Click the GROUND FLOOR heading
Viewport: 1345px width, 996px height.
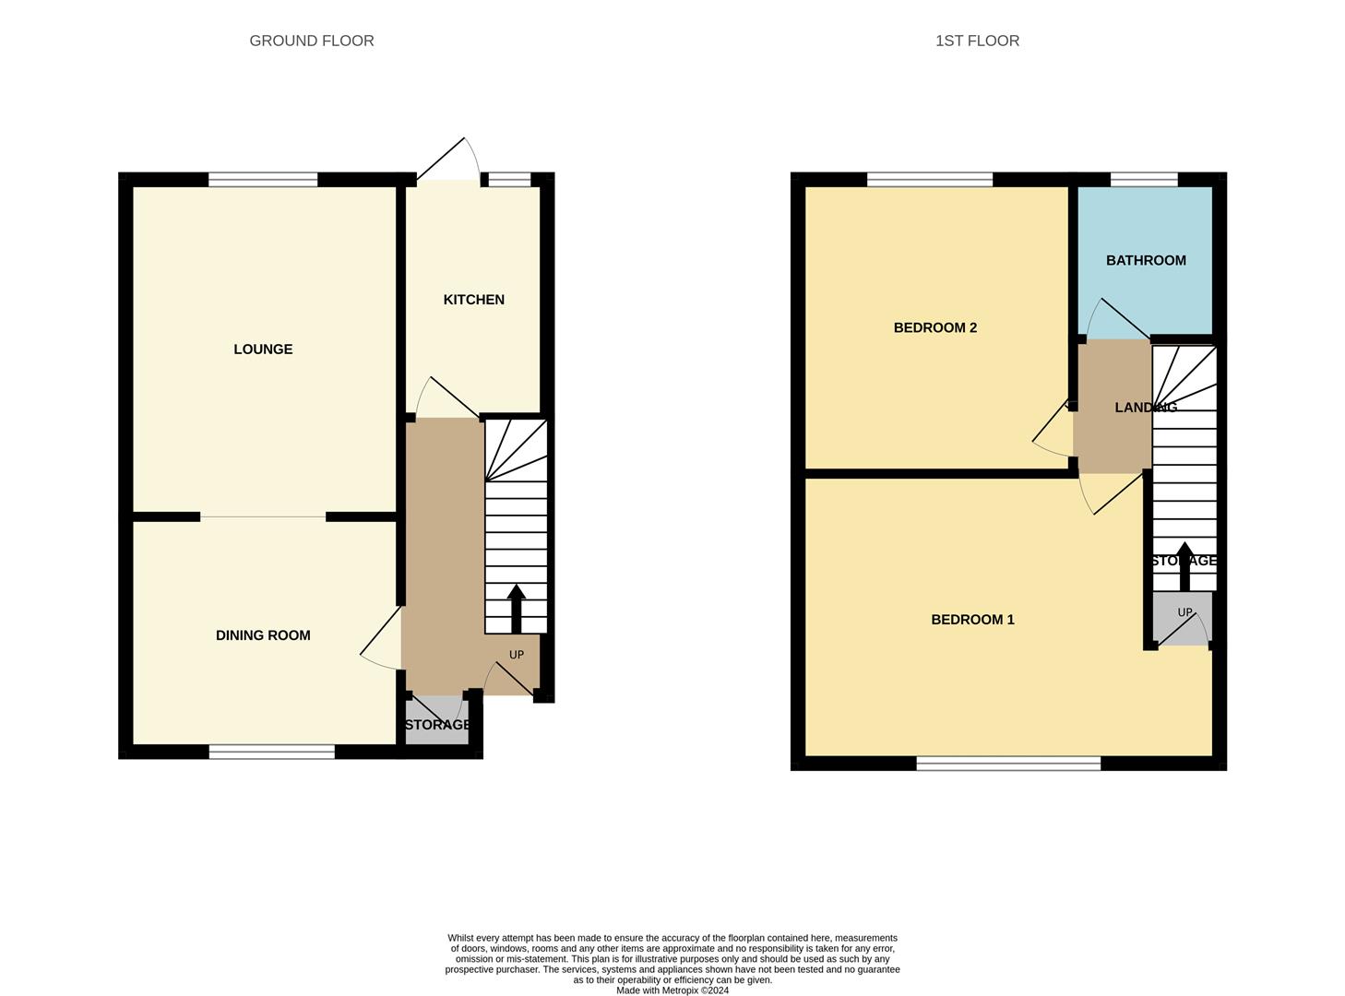312,41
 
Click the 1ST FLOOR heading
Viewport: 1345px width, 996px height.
977,41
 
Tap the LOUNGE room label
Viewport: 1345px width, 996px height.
263,350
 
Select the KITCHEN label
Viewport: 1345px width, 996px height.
473,300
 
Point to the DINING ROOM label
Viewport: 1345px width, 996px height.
263,635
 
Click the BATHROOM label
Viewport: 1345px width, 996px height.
1146,261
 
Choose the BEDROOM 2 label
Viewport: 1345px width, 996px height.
934,328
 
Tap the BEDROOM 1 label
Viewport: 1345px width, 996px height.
972,620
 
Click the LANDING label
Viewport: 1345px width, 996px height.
1145,408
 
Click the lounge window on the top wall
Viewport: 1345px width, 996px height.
263,180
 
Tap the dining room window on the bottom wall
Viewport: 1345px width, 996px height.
271,753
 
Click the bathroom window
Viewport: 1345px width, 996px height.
1144,180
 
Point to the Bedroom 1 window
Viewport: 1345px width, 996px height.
1008,764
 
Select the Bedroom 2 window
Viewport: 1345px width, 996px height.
930,180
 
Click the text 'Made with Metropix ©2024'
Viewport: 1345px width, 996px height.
672,990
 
